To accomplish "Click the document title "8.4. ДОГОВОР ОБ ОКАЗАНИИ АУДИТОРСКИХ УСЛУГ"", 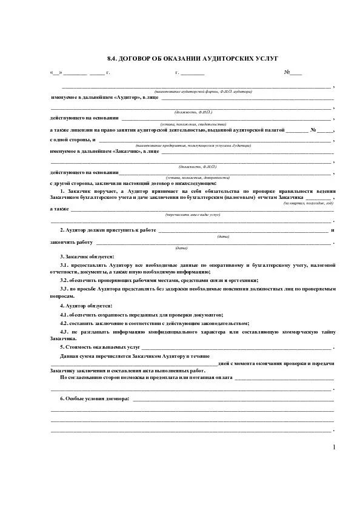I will pyautogui.click(x=192, y=58).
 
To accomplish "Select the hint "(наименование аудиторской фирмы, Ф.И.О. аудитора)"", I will pyautogui.click(x=203, y=91).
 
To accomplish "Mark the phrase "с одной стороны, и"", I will pyautogui.click(x=68, y=140).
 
